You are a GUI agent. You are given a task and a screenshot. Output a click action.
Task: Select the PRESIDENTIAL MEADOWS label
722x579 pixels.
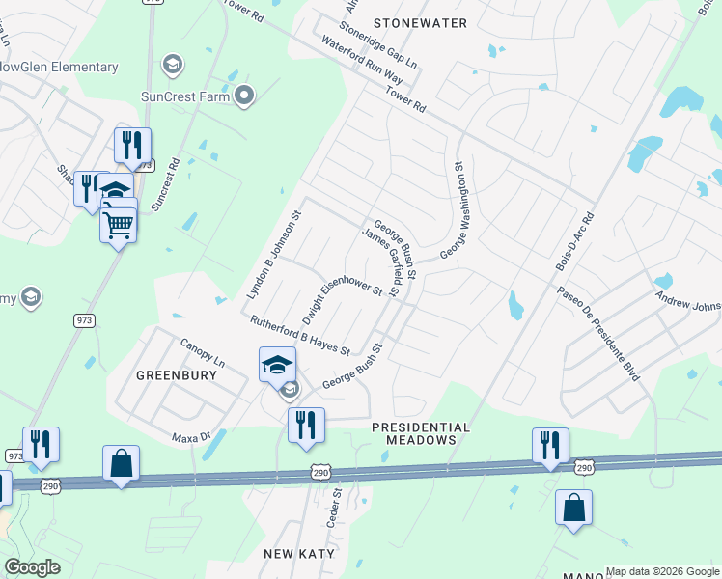[421, 433]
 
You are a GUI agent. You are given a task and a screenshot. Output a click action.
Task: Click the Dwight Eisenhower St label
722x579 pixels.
[342, 300]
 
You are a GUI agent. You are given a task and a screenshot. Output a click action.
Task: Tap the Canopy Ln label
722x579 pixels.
[202, 353]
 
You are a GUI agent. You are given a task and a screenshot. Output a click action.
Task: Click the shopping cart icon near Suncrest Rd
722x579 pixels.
[118, 225]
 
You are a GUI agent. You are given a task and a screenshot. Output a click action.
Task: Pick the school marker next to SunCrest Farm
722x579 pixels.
[173, 65]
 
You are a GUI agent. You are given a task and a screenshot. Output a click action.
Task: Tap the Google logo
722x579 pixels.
[32, 567]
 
